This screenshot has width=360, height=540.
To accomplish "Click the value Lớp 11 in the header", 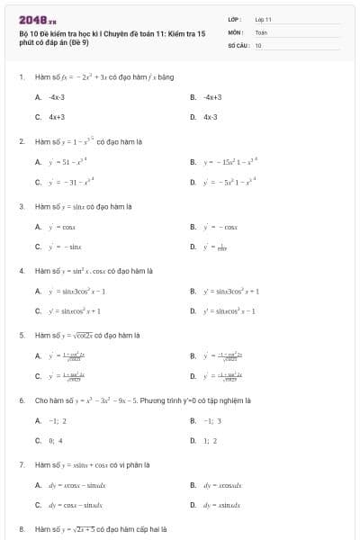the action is [263, 19].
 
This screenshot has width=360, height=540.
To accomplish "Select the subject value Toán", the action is [261, 31].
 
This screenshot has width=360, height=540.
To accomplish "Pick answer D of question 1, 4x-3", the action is [210, 116].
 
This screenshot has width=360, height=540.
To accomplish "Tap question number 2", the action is [21, 141].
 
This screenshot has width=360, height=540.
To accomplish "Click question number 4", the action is [21, 270].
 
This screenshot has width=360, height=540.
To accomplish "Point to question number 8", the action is [21, 529].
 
